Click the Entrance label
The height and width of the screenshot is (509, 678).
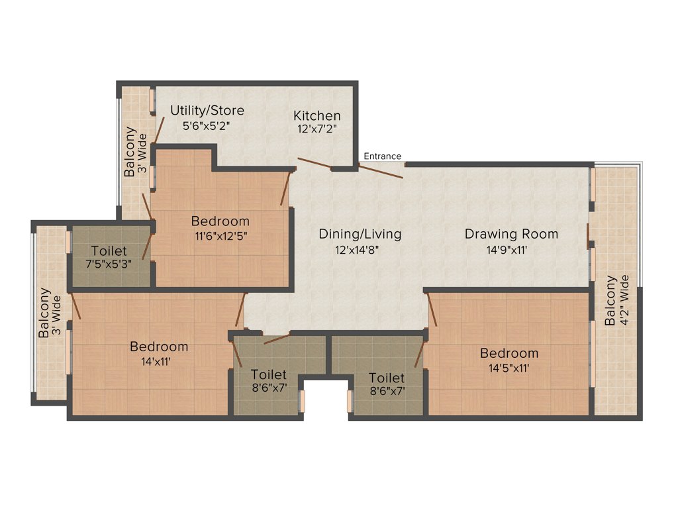382,156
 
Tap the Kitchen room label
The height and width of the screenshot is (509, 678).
317,116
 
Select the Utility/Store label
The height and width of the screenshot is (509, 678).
207,110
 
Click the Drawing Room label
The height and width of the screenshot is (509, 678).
511,234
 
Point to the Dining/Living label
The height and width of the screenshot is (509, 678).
360,234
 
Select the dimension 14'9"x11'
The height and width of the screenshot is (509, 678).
511,251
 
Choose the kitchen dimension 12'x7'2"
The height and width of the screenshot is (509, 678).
317,130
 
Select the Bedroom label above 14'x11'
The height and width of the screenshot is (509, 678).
159,346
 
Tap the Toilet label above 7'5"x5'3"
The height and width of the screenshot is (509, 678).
109,251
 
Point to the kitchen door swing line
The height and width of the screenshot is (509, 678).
315,164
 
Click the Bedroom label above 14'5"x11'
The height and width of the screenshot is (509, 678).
509,353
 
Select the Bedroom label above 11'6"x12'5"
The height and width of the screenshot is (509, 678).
220,221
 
